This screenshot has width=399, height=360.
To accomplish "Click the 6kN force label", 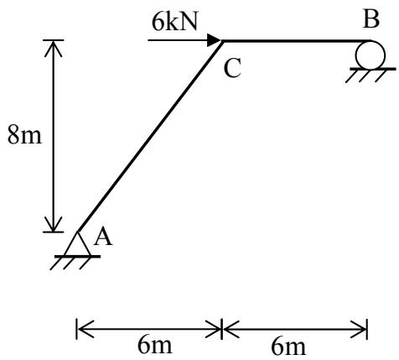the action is (x=175, y=22).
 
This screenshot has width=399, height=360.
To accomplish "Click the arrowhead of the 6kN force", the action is (x=215, y=40).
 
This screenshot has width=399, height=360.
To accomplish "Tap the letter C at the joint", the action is (x=232, y=69).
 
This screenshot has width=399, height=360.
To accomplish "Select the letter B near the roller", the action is (x=371, y=19).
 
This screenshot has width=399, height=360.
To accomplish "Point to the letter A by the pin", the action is (x=103, y=237).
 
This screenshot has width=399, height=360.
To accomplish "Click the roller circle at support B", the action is (x=370, y=55).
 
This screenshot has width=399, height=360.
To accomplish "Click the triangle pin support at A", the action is (x=77, y=243).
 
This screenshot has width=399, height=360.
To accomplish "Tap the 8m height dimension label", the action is (x=24, y=135).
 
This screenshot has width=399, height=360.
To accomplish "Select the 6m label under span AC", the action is (x=154, y=345).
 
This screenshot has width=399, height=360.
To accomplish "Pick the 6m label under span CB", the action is (x=288, y=347).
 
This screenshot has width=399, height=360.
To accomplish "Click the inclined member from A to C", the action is (x=150, y=136).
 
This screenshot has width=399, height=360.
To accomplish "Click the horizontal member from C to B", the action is (x=296, y=41).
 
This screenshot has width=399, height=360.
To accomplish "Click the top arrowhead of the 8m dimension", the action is (x=53, y=48).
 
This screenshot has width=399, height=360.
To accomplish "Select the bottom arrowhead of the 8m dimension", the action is (x=53, y=224).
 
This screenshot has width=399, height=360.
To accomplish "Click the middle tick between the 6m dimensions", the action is (x=222, y=329).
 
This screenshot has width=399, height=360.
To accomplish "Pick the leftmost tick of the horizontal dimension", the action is (x=76, y=329).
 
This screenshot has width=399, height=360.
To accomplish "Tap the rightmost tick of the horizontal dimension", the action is (x=367, y=329).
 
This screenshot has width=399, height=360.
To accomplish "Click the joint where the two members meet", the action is (x=223, y=41).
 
